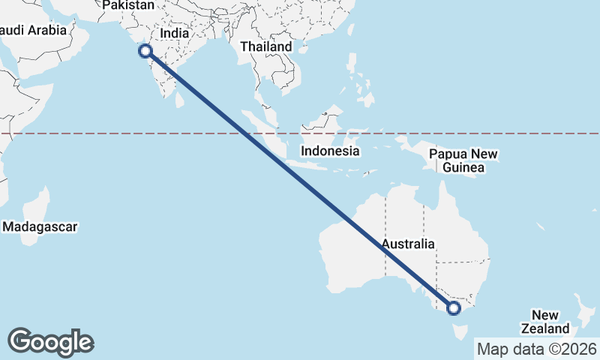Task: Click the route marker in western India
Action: [145, 51]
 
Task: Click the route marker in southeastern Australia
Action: [453, 307]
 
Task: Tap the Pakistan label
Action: [128, 5]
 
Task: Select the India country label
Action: [174, 34]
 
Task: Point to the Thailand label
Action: [266, 46]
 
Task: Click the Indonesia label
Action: [330, 151]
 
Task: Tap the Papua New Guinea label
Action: [463, 160]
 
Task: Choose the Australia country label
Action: [407, 244]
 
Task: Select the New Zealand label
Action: [545, 322]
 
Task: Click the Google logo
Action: [51, 342]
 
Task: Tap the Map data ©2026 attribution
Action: [536, 349]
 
